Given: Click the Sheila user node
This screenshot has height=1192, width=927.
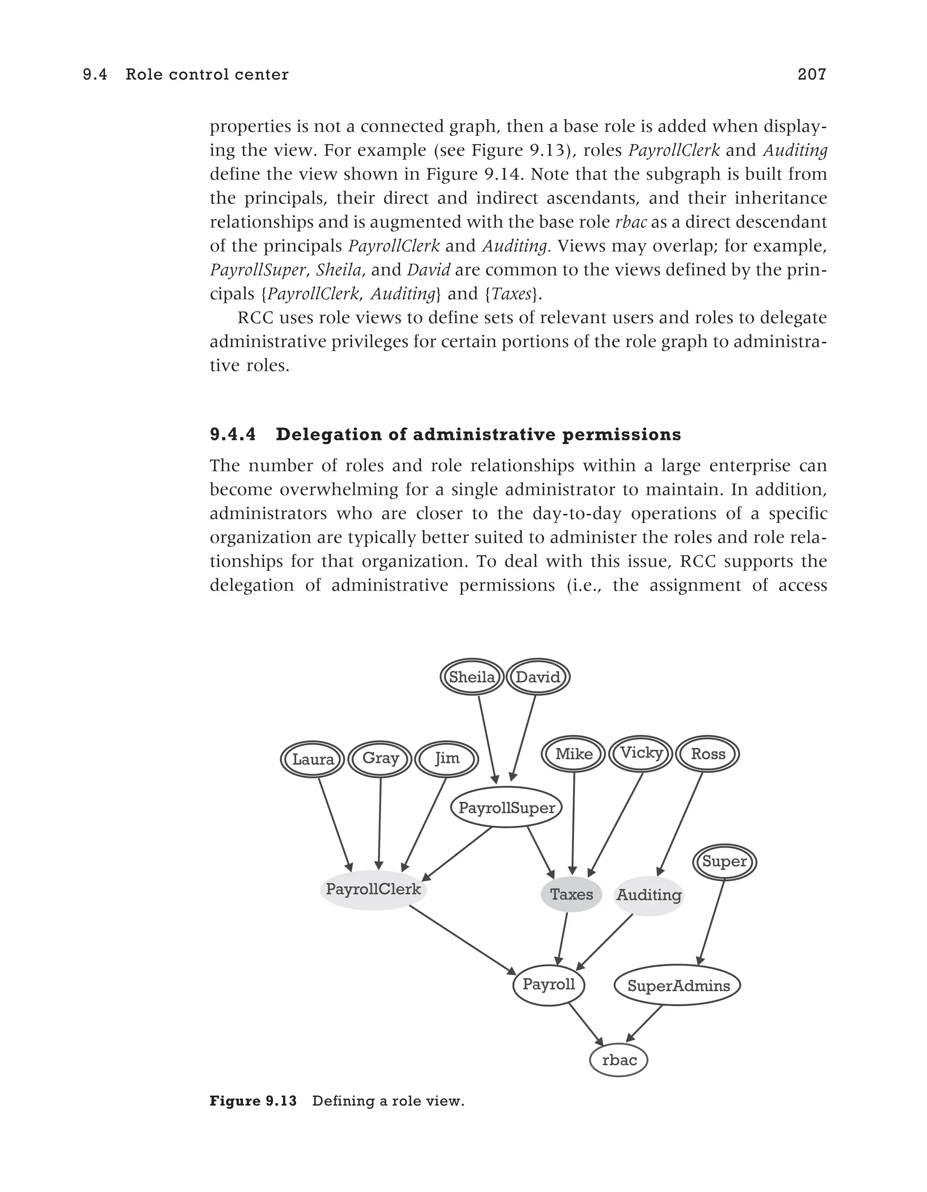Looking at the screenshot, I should pyautogui.click(x=471, y=677).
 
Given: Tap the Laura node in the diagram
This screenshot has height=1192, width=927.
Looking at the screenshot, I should pyautogui.click(x=313, y=759).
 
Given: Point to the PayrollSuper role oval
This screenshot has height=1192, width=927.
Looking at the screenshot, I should pyautogui.click(x=507, y=807).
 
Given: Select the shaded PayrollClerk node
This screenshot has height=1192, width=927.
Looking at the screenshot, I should pyautogui.click(x=373, y=889).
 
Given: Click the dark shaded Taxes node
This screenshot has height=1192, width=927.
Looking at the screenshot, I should pyautogui.click(x=571, y=895).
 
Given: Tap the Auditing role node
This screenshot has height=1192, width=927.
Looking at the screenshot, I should pyautogui.click(x=649, y=895).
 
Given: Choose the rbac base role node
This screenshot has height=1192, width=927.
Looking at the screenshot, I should pyautogui.click(x=619, y=1060).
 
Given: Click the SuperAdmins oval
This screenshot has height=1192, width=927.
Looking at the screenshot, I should pyautogui.click(x=678, y=986).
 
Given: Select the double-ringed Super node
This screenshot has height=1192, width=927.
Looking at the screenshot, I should pyautogui.click(x=724, y=862).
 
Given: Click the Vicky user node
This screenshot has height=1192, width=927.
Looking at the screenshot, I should pyautogui.click(x=640, y=753).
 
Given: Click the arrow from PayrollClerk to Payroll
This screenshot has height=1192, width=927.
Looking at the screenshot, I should pyautogui.click(x=463, y=940).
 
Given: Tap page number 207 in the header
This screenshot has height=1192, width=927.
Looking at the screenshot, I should pyautogui.click(x=812, y=74).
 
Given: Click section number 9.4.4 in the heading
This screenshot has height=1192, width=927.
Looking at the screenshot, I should pyautogui.click(x=233, y=435).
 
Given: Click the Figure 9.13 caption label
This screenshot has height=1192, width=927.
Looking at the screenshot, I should pyautogui.click(x=253, y=1101).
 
